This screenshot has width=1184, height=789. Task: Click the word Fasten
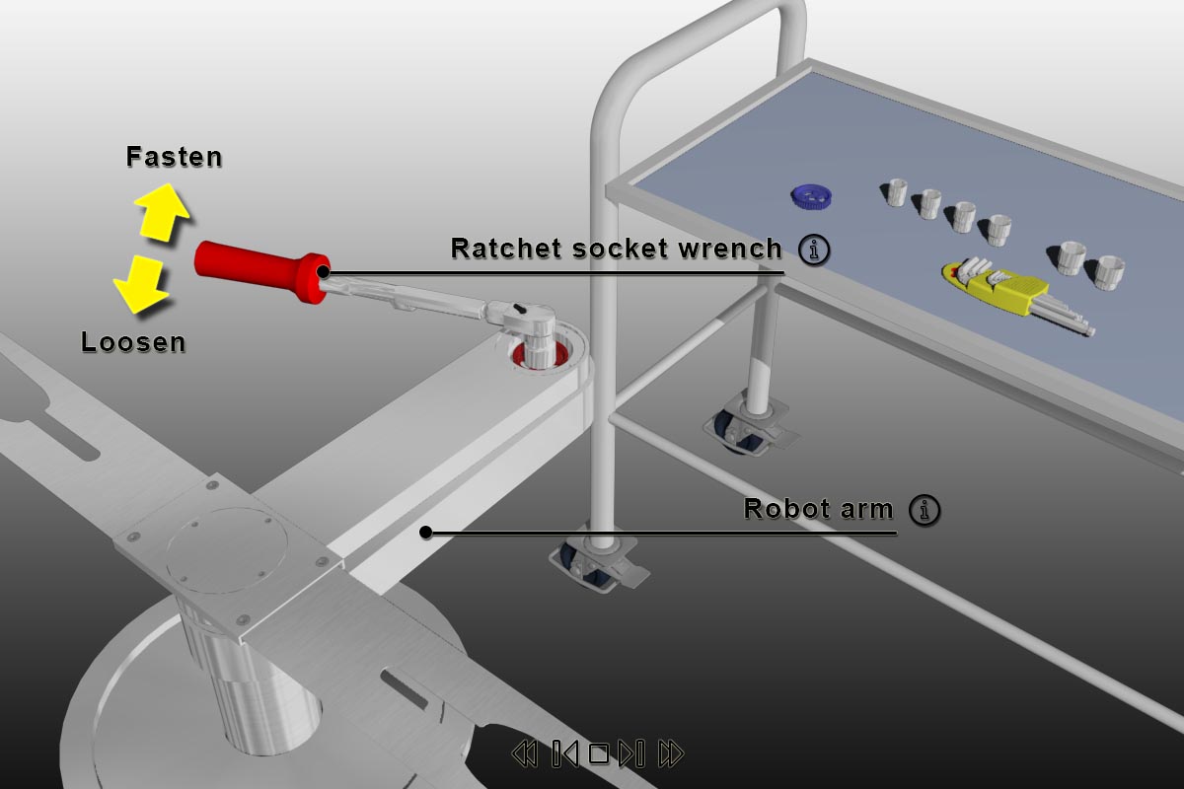(x=174, y=157)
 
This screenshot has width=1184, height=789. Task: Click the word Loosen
(x=133, y=342)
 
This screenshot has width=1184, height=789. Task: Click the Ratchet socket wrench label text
(x=616, y=249)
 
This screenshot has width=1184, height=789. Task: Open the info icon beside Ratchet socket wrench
(x=814, y=251)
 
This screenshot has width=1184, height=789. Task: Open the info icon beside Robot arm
(x=925, y=510)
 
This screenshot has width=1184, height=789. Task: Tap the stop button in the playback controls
(x=598, y=754)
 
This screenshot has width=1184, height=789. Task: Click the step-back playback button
(x=565, y=754)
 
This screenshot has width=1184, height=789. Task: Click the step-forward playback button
(x=631, y=754)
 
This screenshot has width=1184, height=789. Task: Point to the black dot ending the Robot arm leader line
(x=426, y=533)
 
